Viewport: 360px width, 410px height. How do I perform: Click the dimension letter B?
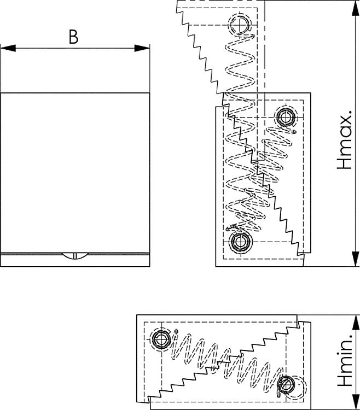73,37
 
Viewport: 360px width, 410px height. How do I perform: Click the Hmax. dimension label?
345,140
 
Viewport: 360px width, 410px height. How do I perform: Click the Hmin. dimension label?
345,358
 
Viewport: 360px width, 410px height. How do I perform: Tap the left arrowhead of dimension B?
8,48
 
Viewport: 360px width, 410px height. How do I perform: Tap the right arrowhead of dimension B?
142,48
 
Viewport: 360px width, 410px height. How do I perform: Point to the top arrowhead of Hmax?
356,8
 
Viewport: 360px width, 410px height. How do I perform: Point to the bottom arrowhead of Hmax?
356,259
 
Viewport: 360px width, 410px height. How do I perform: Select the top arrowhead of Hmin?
356,323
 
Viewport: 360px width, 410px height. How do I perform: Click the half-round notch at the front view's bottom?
75,255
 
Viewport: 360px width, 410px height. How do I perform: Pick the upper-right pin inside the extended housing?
285,117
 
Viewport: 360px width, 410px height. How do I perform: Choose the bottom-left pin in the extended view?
240,242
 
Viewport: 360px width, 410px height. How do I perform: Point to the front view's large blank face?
75,173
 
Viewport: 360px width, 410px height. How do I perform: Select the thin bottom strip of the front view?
75,260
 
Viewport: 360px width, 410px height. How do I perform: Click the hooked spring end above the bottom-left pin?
231,227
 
